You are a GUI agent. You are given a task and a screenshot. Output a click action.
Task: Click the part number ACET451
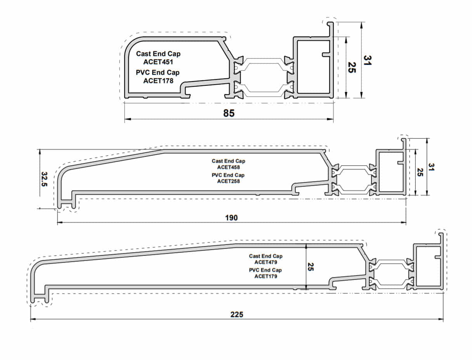158,62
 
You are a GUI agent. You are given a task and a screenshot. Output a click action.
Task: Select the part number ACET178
158,81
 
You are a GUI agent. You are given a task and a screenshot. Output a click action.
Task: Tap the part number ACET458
228,167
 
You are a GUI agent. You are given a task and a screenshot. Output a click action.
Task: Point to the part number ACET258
228,181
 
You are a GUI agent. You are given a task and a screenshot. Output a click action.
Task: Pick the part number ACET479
265,262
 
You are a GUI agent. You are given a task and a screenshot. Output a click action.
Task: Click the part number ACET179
265,276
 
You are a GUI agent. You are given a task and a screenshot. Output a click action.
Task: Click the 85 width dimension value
229,113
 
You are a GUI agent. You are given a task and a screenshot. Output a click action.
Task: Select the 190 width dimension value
231,218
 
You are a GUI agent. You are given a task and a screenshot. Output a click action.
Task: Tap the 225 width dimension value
237,314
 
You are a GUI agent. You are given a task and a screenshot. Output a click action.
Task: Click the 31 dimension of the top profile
367,60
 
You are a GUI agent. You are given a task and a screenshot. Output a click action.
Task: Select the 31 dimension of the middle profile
431,167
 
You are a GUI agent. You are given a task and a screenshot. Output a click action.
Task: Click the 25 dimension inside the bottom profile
311,267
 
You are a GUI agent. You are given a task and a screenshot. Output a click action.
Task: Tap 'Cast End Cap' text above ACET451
158,54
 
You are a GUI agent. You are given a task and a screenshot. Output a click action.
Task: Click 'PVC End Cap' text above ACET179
265,270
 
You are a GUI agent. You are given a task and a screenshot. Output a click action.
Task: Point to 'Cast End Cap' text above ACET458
228,161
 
